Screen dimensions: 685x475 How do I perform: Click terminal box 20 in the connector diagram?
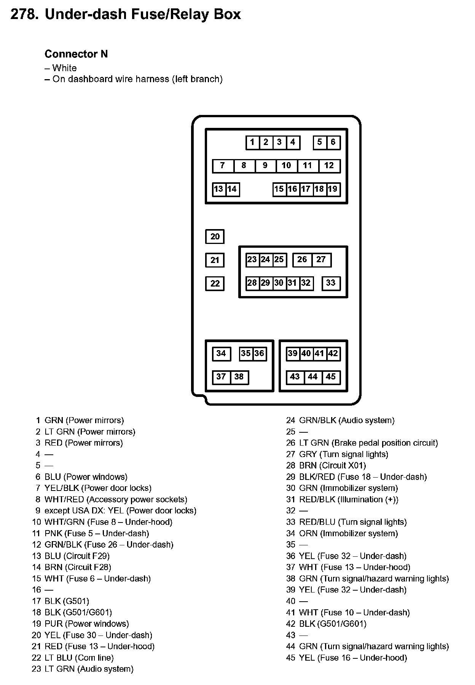tap(215, 237)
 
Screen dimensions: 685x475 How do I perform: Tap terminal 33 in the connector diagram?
tap(331, 283)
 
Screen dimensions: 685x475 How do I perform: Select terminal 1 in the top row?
tap(252, 142)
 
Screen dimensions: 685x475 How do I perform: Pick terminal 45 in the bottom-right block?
tap(331, 377)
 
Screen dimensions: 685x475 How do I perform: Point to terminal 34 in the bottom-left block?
tap(221, 354)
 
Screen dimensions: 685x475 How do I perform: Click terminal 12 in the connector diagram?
tap(329, 166)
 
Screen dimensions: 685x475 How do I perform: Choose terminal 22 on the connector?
tap(215, 284)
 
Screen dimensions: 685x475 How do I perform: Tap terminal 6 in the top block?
tap(333, 142)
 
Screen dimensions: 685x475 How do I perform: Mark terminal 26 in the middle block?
tap(302, 260)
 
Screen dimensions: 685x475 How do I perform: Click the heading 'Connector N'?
tap(76, 54)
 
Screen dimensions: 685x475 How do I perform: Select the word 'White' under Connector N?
tap(64, 68)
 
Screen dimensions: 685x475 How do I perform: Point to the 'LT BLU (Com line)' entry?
tap(79, 658)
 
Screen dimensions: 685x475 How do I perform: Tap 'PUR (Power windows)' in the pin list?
tap(87, 624)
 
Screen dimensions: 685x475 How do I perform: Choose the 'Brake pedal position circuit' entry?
tap(368, 443)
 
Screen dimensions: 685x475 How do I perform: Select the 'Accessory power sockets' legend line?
tap(116, 499)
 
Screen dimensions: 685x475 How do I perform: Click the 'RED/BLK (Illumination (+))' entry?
tap(349, 499)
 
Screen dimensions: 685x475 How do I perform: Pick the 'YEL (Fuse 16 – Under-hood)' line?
tap(353, 658)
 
